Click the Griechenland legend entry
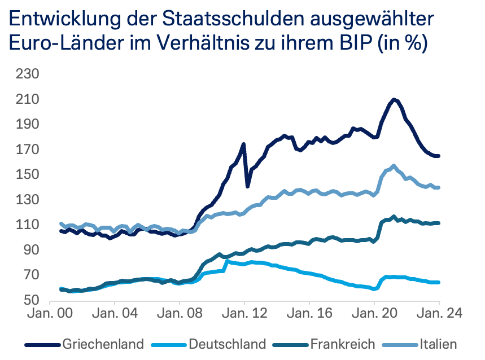[103, 343]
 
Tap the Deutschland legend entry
[227, 343]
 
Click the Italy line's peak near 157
[394, 166]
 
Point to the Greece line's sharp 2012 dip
[247, 186]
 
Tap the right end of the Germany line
[438, 282]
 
